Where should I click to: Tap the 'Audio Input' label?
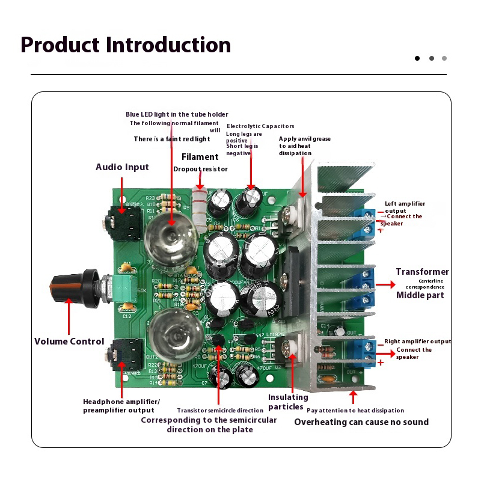(122, 167)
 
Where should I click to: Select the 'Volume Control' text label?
(69, 341)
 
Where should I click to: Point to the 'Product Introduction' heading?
(126, 45)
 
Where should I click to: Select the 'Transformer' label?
(422, 272)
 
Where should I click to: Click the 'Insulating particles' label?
(288, 402)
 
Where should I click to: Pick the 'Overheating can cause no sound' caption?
(361, 422)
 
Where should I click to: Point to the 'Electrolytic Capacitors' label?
(260, 126)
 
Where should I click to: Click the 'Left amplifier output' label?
(405, 207)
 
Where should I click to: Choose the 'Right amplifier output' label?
(417, 342)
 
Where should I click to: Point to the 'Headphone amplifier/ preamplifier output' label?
(121, 406)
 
